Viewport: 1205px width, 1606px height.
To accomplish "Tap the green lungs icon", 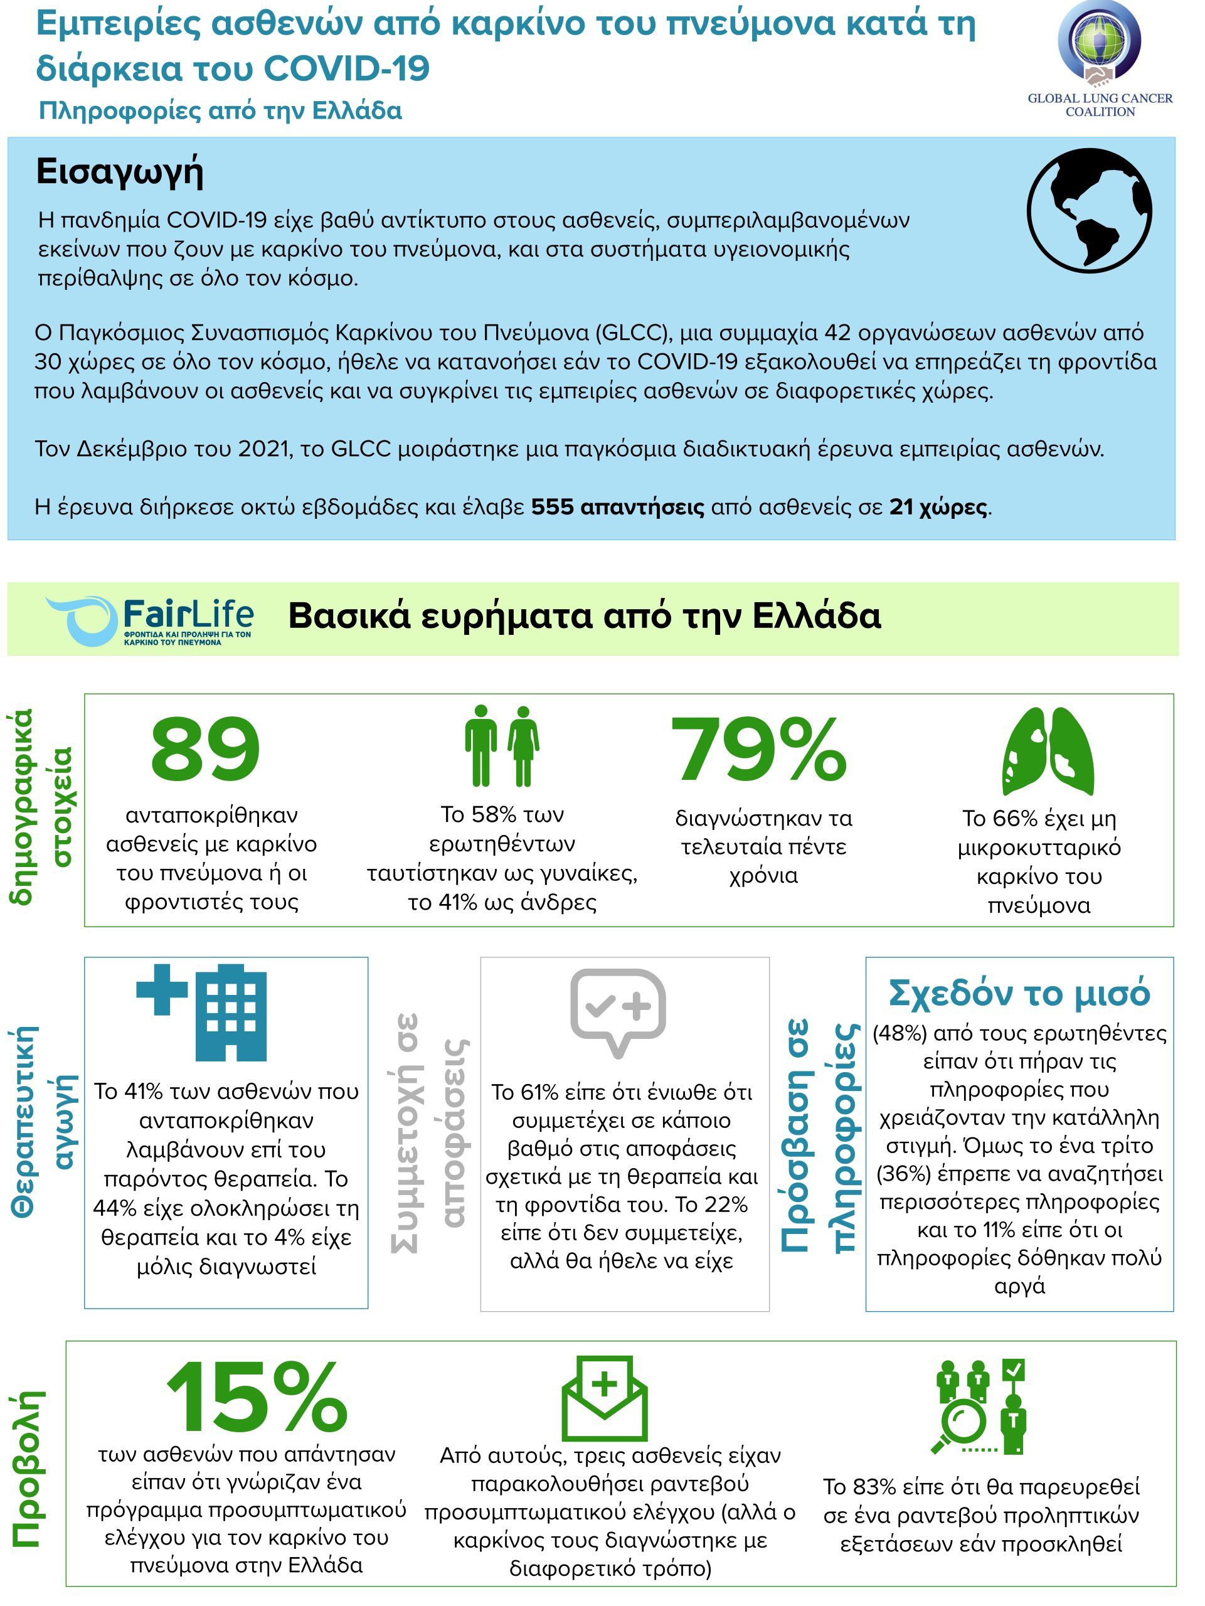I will coord(1048,752).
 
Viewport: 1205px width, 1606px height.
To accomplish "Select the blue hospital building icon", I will coord(203,1012).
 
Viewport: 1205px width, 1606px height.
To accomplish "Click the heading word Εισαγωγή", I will coord(120,171).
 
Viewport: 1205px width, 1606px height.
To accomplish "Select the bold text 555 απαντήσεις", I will coord(617,507).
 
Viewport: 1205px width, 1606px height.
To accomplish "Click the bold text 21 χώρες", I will coord(938,507).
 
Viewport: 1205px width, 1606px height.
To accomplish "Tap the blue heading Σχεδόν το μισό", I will coord(1019,993).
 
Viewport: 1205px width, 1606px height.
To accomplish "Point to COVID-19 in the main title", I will coord(347,68).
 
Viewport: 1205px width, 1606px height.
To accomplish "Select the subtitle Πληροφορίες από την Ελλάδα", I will coord(220,111).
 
